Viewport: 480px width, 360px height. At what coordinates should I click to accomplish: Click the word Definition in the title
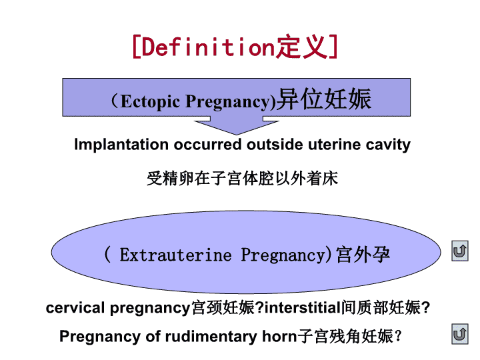pyautogui.click(x=208, y=47)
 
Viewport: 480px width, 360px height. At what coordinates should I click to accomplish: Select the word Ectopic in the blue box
pyautogui.click(x=150, y=101)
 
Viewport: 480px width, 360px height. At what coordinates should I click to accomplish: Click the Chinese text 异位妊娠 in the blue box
pyautogui.click(x=324, y=99)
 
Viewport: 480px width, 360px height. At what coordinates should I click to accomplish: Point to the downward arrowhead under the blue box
pyautogui.click(x=236, y=127)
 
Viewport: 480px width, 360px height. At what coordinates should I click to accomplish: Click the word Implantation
pyautogui.click(x=121, y=145)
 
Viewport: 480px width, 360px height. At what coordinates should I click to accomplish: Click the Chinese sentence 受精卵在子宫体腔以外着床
pyautogui.click(x=243, y=179)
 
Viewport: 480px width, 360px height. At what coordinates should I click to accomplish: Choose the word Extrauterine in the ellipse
pyautogui.click(x=176, y=255)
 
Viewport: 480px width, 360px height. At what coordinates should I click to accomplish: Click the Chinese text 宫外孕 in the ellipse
pyautogui.click(x=363, y=255)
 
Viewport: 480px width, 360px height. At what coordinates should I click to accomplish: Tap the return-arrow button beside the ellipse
pyautogui.click(x=460, y=251)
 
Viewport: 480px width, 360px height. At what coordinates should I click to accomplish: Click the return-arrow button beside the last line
pyautogui.click(x=460, y=334)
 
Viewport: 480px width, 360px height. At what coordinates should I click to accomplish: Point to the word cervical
pyautogui.click(x=75, y=308)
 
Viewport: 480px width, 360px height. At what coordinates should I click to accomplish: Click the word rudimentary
pyautogui.click(x=211, y=337)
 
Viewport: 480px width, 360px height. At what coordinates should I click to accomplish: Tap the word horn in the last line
pyautogui.click(x=279, y=337)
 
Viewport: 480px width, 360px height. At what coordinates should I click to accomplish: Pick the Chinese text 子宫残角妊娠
pyautogui.click(x=345, y=336)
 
